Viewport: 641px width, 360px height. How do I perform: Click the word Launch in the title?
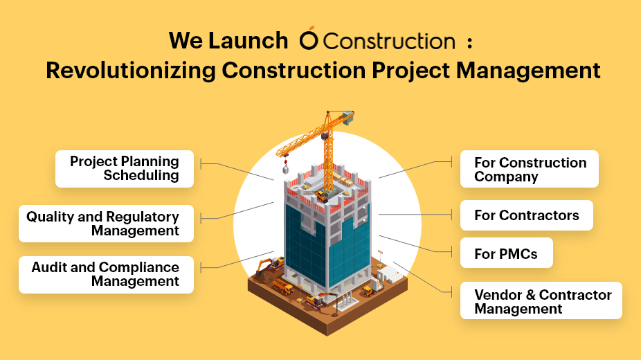click(x=248, y=40)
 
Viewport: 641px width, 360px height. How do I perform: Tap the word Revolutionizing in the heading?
click(x=130, y=71)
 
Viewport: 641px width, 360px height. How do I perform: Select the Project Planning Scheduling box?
click(x=125, y=169)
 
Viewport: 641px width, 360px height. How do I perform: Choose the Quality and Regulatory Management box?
click(x=106, y=224)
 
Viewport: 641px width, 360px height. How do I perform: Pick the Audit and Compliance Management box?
click(x=106, y=275)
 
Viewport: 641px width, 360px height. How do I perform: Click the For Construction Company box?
click(x=530, y=169)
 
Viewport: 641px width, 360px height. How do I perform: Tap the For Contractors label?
click(x=527, y=215)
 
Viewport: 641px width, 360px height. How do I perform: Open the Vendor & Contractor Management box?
click(x=541, y=300)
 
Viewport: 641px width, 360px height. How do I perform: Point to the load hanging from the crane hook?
click(x=285, y=168)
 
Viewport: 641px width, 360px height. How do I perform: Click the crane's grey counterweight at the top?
click(x=348, y=117)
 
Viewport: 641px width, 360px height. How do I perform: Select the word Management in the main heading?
click(x=528, y=71)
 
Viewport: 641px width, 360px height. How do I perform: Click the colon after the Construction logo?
click(x=470, y=43)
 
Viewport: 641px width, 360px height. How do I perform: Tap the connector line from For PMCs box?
click(x=415, y=244)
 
